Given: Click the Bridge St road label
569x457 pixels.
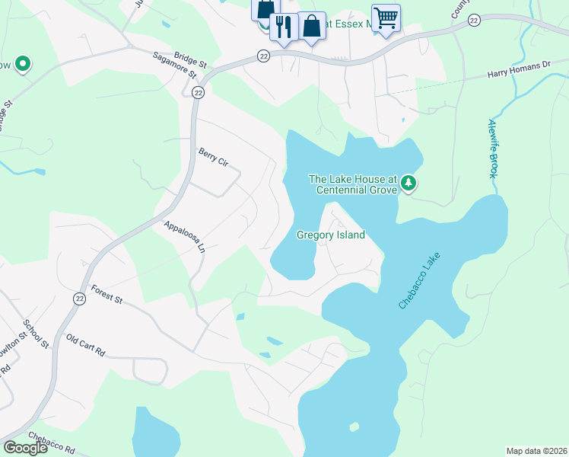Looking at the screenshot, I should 190,58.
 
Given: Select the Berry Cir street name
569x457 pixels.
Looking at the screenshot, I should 213,157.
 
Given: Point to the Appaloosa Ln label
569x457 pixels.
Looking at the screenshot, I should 185,237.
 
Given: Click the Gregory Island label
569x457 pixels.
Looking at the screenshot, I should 330,235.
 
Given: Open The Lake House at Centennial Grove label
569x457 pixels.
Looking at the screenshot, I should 352,184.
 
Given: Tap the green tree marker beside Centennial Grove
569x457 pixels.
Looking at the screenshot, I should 408,183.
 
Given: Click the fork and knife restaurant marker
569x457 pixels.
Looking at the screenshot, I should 283,27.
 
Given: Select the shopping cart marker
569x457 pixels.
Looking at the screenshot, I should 386,17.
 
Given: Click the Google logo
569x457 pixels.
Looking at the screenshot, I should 24,448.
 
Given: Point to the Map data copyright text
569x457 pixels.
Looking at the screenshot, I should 536,450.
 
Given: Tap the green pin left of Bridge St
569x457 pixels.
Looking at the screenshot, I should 22,65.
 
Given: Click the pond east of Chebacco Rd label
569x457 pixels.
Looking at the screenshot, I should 156,434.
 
